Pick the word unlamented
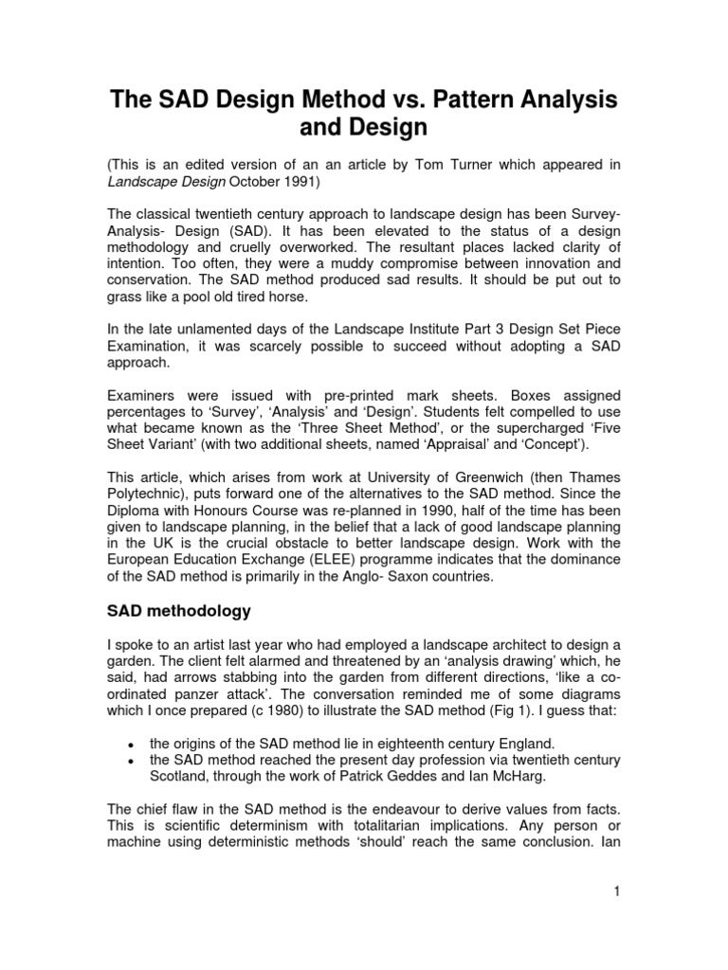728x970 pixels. tap(203, 328)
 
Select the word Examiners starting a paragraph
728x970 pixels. tap(139, 394)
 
